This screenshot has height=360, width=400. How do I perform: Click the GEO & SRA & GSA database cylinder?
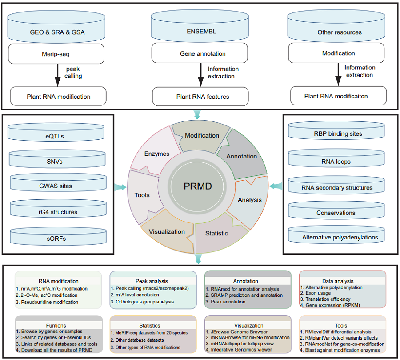pos(56,32)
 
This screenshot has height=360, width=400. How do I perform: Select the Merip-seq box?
pos(56,54)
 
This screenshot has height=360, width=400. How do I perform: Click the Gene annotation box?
pos(203,54)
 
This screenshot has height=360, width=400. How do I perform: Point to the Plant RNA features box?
pos(203,96)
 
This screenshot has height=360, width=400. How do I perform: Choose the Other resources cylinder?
pos(340,32)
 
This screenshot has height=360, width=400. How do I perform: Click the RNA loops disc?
pos(337,162)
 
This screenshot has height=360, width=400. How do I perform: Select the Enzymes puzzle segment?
pos(157,154)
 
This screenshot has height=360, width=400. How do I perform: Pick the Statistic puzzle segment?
pos(216,233)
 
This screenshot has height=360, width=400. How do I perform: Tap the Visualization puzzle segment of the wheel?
pos(167,231)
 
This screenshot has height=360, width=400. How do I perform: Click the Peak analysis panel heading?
pos(152,281)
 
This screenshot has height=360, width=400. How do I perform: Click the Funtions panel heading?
pos(58,325)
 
